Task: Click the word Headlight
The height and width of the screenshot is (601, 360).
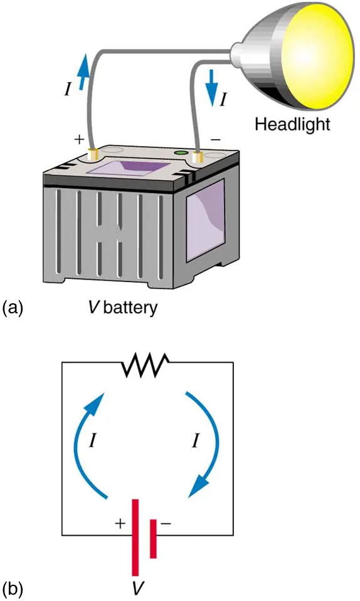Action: pos(291,123)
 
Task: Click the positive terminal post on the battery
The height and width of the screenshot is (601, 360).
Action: pos(94,154)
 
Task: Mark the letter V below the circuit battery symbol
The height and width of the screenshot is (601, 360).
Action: pos(136,588)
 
